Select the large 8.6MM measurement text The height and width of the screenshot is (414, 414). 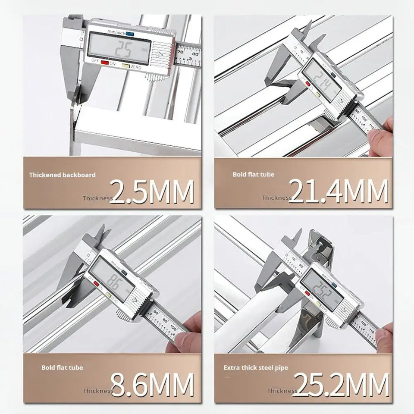point(151,384)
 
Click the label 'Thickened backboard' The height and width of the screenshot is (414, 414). point(63,175)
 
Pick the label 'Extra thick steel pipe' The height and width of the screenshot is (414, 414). point(256,368)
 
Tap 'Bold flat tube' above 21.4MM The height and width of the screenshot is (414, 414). point(254,175)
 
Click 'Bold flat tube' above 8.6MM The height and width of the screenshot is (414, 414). point(62,368)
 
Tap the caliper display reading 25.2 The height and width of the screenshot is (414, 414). point(322,288)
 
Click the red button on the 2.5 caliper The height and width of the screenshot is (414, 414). point(105,63)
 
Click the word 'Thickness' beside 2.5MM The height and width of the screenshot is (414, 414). point(97,198)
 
